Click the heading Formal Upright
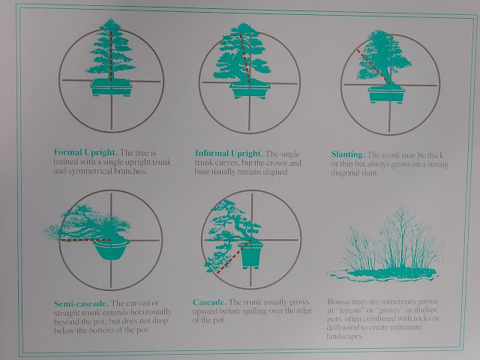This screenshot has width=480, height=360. tap(85, 152)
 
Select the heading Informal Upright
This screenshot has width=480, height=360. tap(229, 153)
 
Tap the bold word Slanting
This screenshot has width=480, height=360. tap(348, 154)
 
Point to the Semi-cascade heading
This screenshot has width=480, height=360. tap(81, 304)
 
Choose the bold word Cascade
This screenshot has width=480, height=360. tap(209, 302)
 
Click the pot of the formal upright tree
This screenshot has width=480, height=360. tap(112, 88)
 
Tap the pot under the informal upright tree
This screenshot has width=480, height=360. tap(250, 90)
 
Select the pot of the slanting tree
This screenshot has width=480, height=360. tap(386, 94)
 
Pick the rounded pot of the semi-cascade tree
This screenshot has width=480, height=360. tap(111, 250)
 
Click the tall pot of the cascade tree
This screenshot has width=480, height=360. tap(251, 255)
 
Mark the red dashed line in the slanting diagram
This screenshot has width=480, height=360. tap(373, 67)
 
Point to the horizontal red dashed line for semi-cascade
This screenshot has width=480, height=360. tap(86, 240)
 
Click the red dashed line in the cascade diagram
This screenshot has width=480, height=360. tap(234, 256)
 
